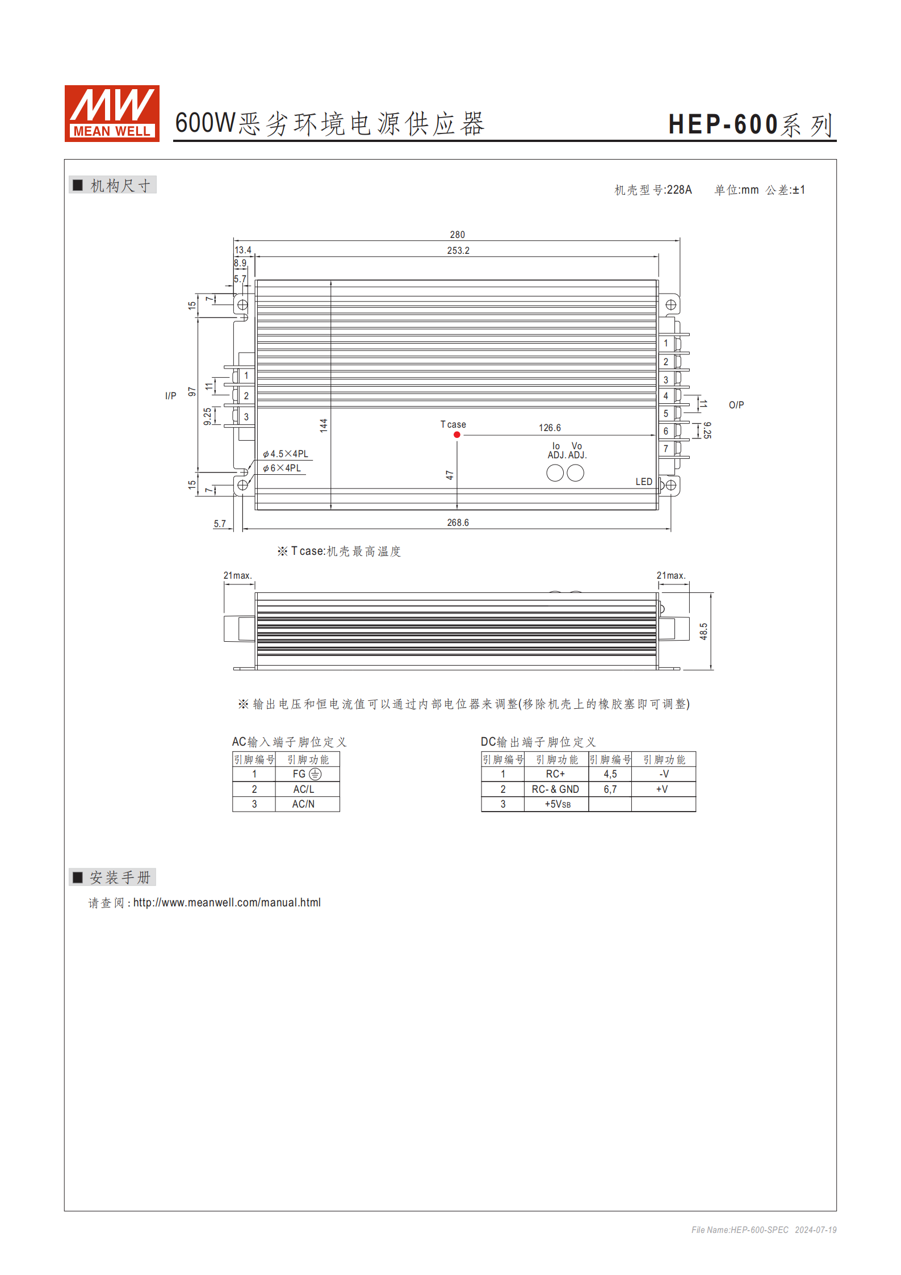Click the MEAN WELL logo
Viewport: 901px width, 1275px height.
tap(112, 113)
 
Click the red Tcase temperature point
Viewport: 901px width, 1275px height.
tap(456, 434)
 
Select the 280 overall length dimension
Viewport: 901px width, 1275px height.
tap(457, 235)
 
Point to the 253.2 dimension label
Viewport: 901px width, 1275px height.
tap(458, 250)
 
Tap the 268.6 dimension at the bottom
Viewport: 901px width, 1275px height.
tap(458, 522)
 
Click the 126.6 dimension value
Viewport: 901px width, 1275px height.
tap(549, 428)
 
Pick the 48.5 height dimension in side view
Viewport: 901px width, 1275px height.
tap(703, 631)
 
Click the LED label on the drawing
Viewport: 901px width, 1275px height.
tap(643, 482)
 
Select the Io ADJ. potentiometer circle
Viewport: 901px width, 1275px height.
tap(555, 473)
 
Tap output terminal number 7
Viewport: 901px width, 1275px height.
tap(666, 449)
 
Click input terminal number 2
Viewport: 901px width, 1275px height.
tap(246, 396)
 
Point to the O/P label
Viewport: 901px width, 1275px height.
tap(736, 405)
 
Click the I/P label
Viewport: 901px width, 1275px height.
tap(170, 396)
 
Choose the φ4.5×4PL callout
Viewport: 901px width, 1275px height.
tap(286, 454)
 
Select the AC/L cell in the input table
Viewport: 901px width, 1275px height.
tap(303, 789)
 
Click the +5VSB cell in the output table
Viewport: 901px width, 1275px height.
tap(557, 804)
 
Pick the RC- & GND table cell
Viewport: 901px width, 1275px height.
tap(555, 789)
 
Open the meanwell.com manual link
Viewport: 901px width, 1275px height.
tap(227, 902)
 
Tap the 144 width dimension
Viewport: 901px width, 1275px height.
tap(324, 425)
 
